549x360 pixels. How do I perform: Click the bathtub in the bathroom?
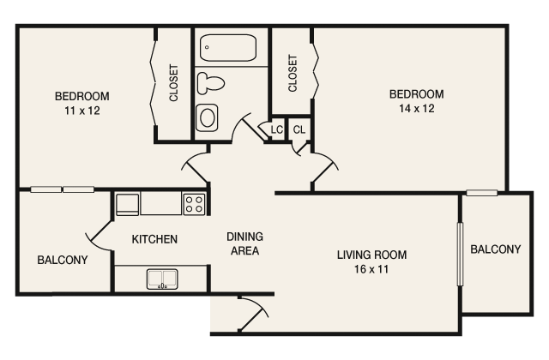(x=228, y=48)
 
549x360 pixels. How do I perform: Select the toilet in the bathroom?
(x=210, y=83)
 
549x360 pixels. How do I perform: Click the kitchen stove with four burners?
(x=195, y=204)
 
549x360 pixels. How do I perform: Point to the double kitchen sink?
(x=160, y=278)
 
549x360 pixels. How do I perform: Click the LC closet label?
(x=276, y=129)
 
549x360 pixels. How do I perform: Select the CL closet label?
(x=299, y=129)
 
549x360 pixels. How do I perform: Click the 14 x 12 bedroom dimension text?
(x=416, y=109)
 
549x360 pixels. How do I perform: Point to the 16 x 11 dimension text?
(x=371, y=270)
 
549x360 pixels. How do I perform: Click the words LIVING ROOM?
(x=371, y=255)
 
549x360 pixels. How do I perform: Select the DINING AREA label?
(x=244, y=244)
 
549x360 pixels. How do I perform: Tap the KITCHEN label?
(x=154, y=239)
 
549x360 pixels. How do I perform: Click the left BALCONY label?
(x=62, y=260)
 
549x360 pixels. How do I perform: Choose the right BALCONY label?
(x=495, y=249)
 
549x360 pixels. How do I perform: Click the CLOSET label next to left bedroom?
(x=174, y=83)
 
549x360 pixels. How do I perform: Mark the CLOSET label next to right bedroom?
(x=293, y=74)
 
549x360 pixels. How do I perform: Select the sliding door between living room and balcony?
(x=459, y=254)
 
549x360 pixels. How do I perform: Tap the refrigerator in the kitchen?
(x=127, y=204)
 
